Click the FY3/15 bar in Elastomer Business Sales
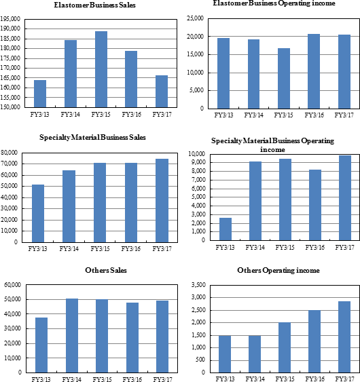click(101, 69)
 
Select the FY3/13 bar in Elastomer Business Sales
click(40, 94)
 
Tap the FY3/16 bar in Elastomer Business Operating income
click(314, 71)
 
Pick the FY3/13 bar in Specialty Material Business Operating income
click(226, 229)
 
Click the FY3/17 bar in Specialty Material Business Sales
click(162, 201)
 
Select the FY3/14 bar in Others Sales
click(72, 335)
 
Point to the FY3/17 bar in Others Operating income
click(344, 337)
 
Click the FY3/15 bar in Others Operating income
click(285, 347)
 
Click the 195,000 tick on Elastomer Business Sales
click(10, 19)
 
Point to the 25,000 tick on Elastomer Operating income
click(195, 18)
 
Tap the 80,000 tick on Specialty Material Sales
click(10, 153)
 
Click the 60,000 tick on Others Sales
click(13, 285)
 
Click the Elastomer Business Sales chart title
click(94, 5)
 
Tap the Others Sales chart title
click(106, 270)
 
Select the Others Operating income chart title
click(278, 271)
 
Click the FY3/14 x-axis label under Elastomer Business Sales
click(70, 114)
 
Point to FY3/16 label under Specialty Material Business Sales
click(131, 249)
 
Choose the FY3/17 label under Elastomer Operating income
click(344, 115)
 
